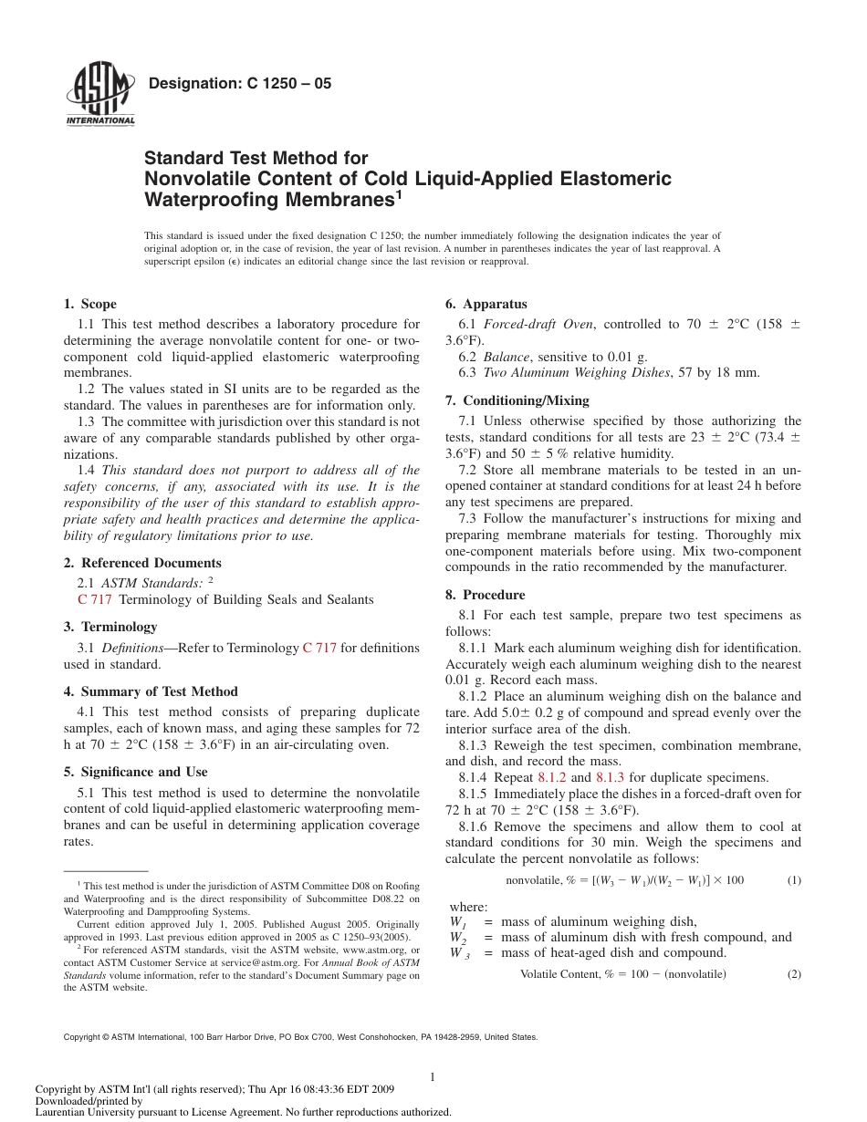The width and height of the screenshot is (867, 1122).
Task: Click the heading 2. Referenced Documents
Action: (x=142, y=563)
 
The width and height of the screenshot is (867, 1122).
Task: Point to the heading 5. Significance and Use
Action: (x=135, y=772)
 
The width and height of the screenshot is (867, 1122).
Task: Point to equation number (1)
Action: (x=793, y=880)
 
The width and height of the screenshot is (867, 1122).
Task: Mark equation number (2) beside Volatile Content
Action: (x=793, y=974)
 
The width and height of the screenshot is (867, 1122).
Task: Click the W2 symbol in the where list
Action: (x=458, y=938)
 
